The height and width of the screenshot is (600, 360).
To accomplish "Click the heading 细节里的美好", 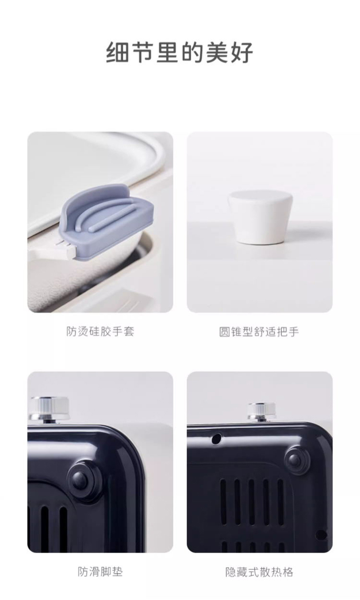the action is click(180, 52).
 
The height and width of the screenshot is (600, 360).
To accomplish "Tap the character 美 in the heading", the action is click(216, 52).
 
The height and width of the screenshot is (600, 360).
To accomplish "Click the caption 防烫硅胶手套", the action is click(100, 331).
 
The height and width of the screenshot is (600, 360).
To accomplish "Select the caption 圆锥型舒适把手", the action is click(259, 331).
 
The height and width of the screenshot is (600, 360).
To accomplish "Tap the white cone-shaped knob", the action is click(260, 217).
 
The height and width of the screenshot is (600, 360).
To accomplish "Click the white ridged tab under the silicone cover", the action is click(66, 248).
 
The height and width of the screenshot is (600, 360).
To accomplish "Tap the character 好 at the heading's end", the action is click(242, 52).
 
